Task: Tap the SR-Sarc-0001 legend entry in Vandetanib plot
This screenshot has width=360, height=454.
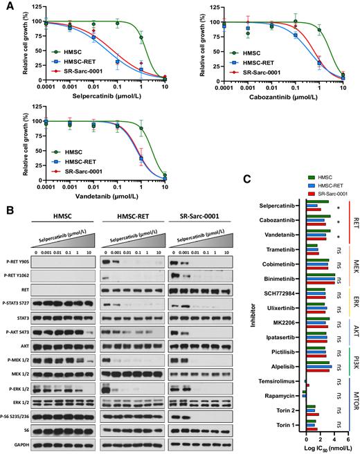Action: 75,168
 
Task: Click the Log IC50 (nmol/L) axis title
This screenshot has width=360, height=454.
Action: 325,448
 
